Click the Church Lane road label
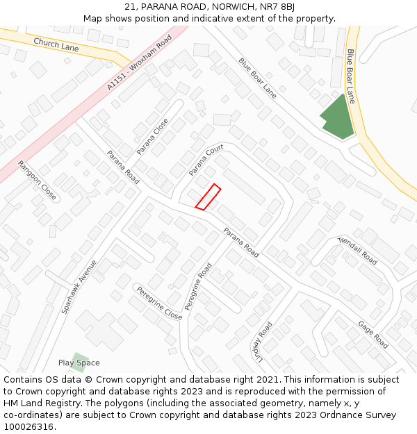click(56, 44)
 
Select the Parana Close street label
click(152, 136)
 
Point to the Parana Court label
click(206, 160)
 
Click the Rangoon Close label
click(37, 181)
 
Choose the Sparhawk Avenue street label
click(79, 286)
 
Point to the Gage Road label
click(373, 334)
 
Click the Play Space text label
click(79, 363)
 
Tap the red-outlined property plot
click(208, 197)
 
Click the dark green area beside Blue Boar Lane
click(336, 117)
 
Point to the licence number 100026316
click(29, 426)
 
